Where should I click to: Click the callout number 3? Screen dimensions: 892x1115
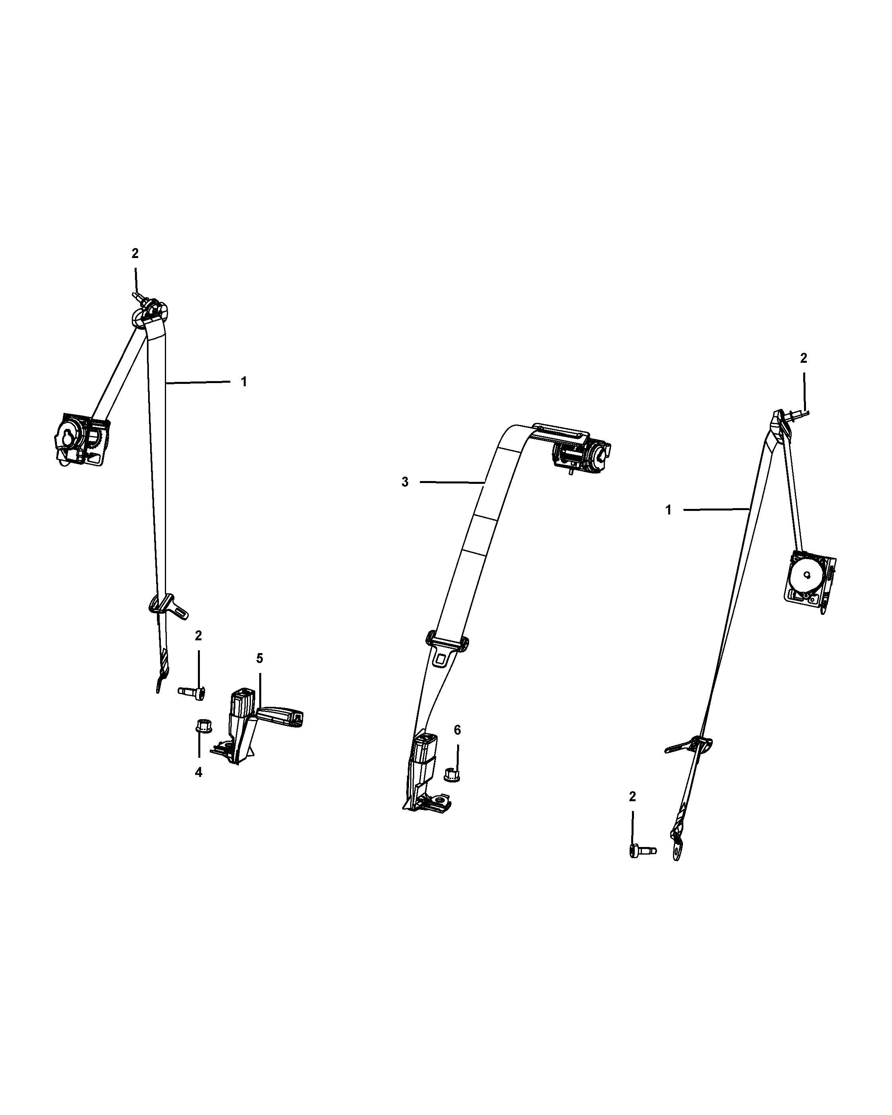[405, 482]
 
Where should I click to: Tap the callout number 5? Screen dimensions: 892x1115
[260, 658]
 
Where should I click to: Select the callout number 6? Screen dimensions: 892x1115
[457, 730]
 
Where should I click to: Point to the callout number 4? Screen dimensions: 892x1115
[199, 786]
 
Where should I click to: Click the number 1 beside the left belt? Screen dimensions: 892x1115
[244, 381]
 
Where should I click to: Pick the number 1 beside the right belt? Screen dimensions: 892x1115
[668, 510]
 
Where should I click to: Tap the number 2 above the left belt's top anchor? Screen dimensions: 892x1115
[135, 253]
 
